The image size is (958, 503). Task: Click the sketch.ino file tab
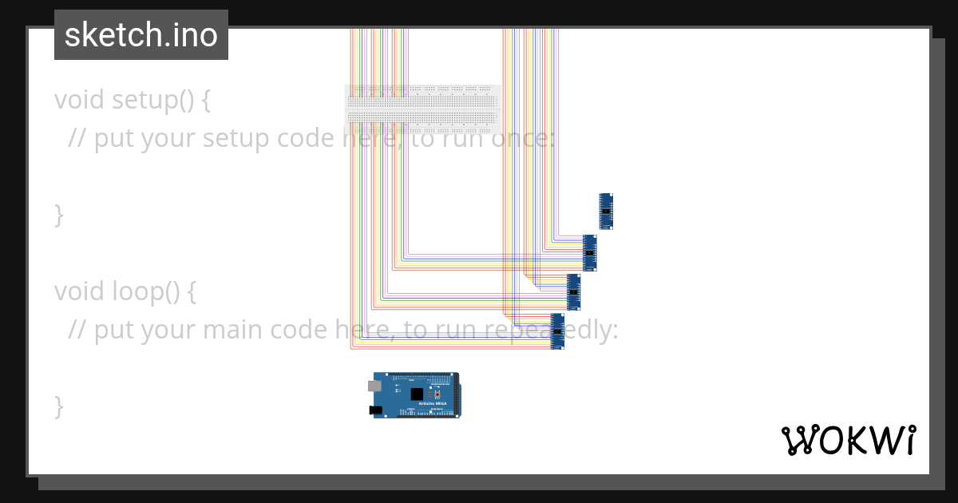tap(141, 35)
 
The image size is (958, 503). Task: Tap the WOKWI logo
tap(849, 440)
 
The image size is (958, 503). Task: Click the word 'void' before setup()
tap(80, 100)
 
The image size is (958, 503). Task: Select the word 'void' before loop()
tap(80, 291)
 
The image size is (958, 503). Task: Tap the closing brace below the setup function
tap(58, 215)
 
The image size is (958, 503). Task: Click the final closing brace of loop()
tap(58, 406)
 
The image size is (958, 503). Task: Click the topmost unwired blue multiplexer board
tap(606, 211)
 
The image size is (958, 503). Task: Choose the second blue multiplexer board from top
tap(590, 252)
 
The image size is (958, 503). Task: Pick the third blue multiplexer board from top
tap(573, 291)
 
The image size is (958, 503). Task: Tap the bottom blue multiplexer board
tap(557, 331)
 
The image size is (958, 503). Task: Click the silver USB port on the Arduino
tap(374, 386)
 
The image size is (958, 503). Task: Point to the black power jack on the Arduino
tap(375, 410)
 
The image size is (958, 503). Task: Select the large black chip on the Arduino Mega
tap(416, 394)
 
